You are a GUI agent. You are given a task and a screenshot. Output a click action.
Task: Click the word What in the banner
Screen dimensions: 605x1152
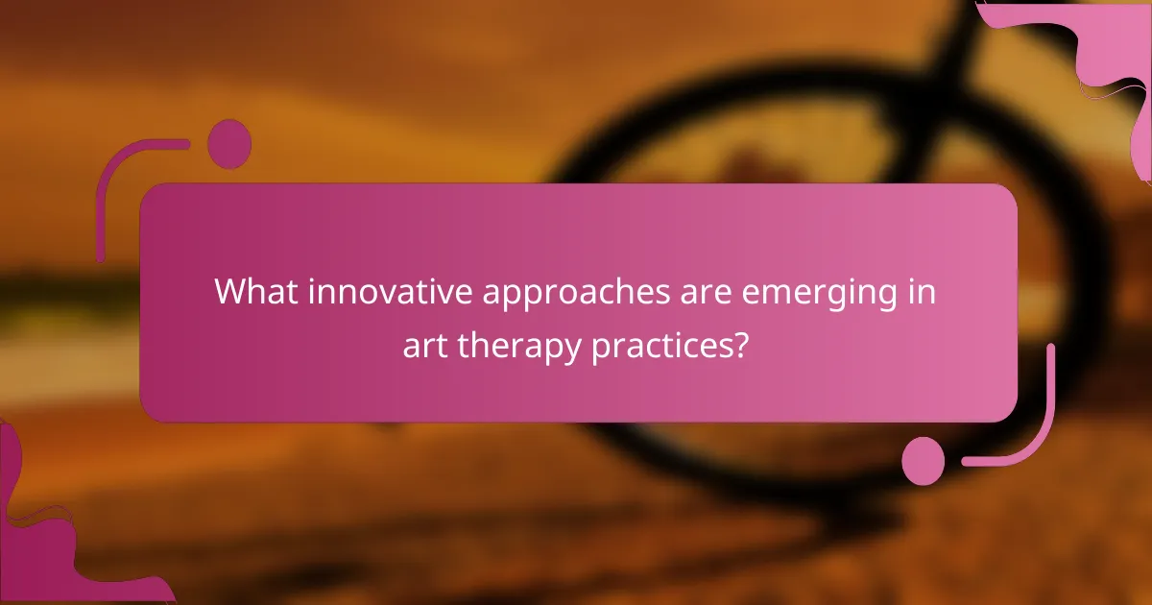click(254, 291)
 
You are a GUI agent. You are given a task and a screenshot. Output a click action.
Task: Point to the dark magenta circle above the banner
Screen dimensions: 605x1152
click(229, 144)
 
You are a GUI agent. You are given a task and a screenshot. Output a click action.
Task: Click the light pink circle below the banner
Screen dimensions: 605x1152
click(924, 461)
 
